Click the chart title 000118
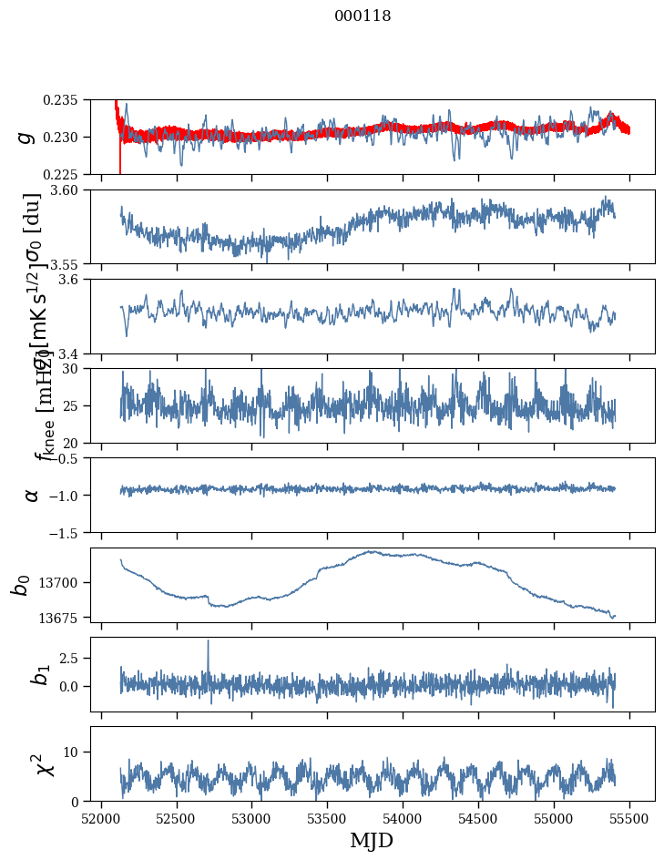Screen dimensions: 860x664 tap(363, 16)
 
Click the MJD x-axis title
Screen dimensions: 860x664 tap(372, 841)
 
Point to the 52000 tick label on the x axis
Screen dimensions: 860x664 tap(101, 818)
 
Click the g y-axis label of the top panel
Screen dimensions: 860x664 tap(27, 138)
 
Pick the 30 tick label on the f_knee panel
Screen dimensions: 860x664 tap(77, 368)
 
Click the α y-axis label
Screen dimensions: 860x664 tap(32, 495)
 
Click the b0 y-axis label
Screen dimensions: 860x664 tap(21, 584)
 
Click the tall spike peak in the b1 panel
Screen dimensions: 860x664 tap(208, 640)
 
